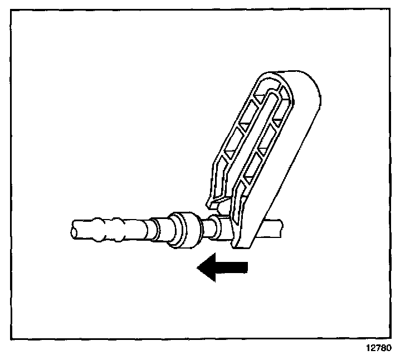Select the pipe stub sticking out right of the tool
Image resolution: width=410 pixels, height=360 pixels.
[275, 227]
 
